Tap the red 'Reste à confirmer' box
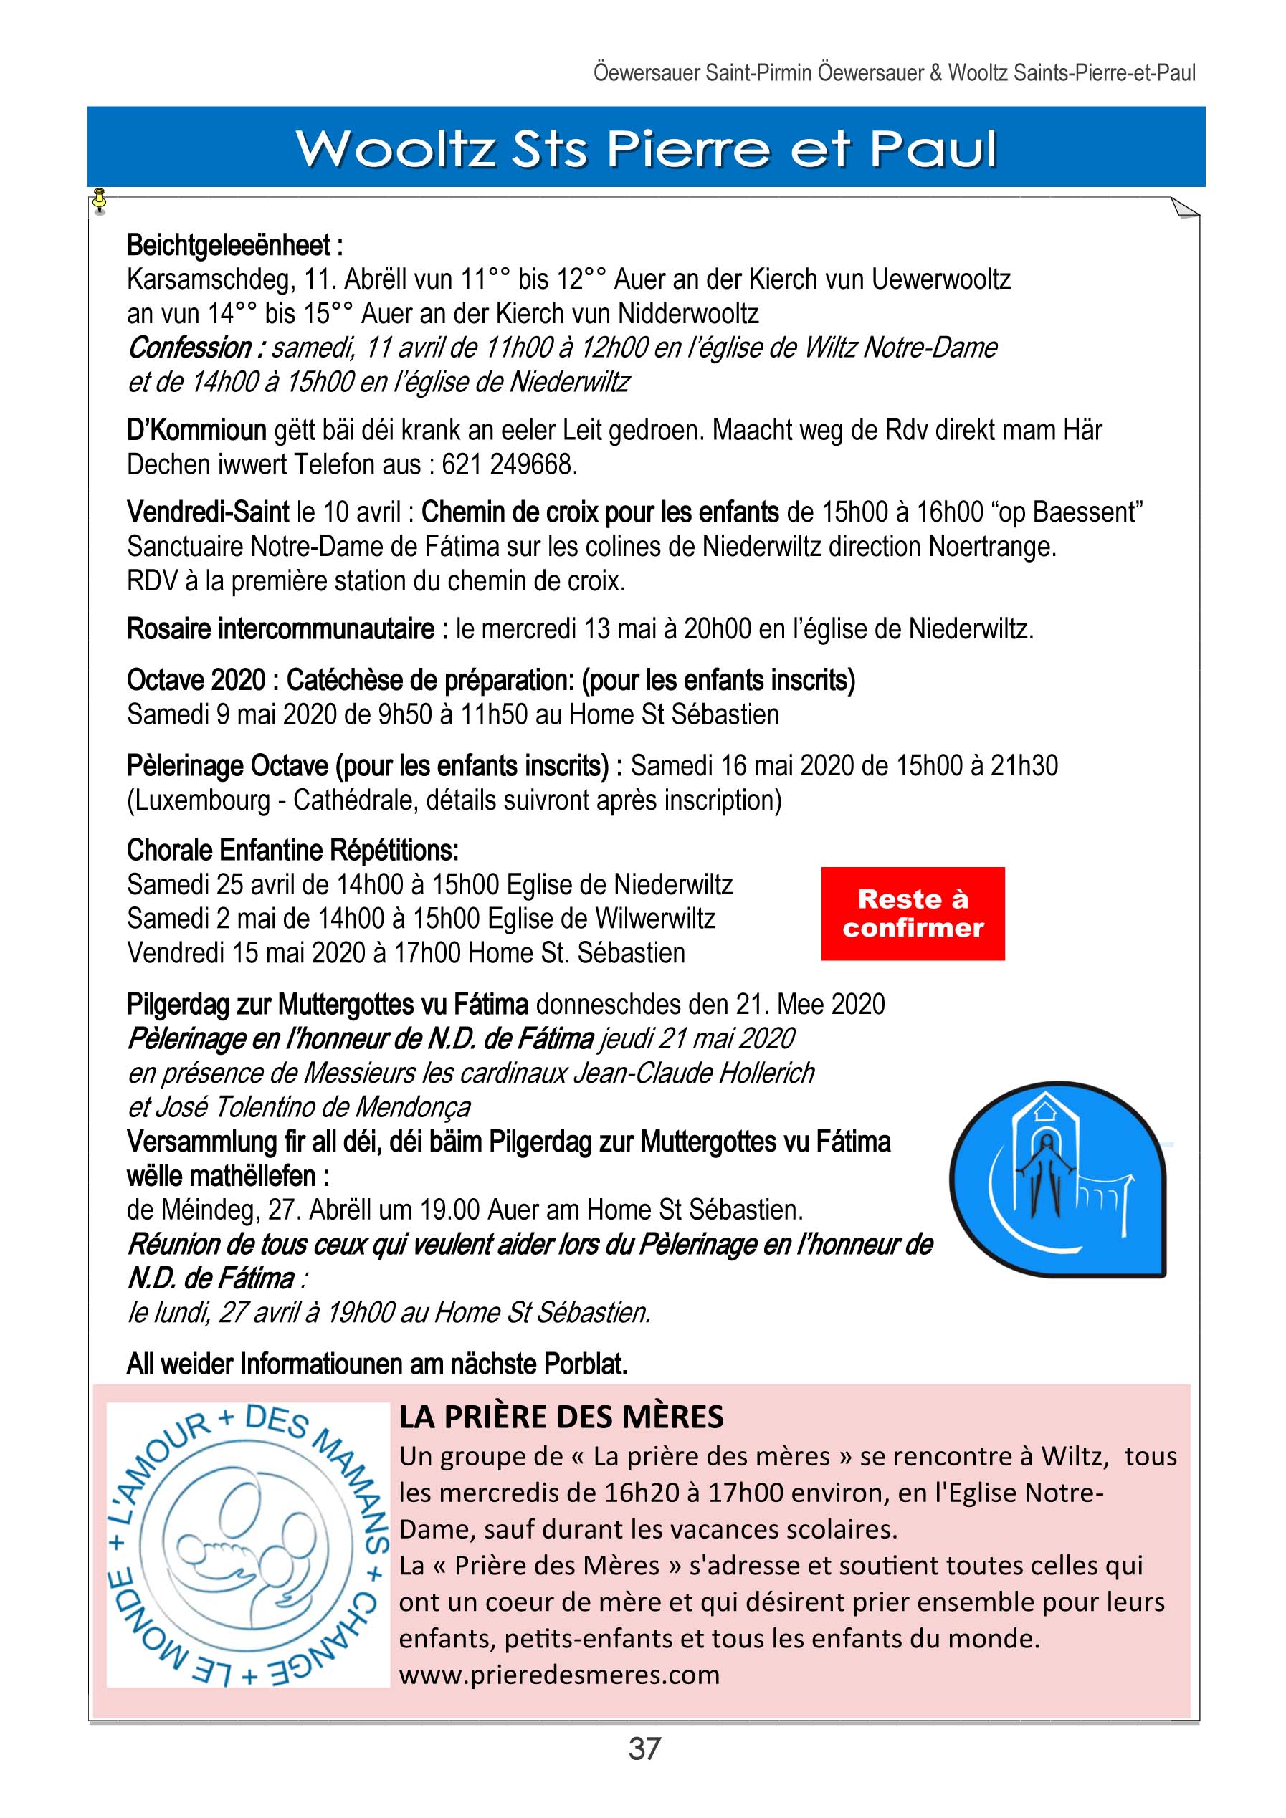(x=913, y=913)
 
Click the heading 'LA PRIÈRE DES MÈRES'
(x=561, y=1417)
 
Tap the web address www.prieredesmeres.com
(x=559, y=1675)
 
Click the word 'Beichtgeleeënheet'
(x=228, y=246)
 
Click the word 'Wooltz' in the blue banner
(x=396, y=148)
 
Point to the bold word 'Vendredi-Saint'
(x=207, y=512)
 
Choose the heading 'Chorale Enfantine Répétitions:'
(x=292, y=851)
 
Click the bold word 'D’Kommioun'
(x=196, y=431)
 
